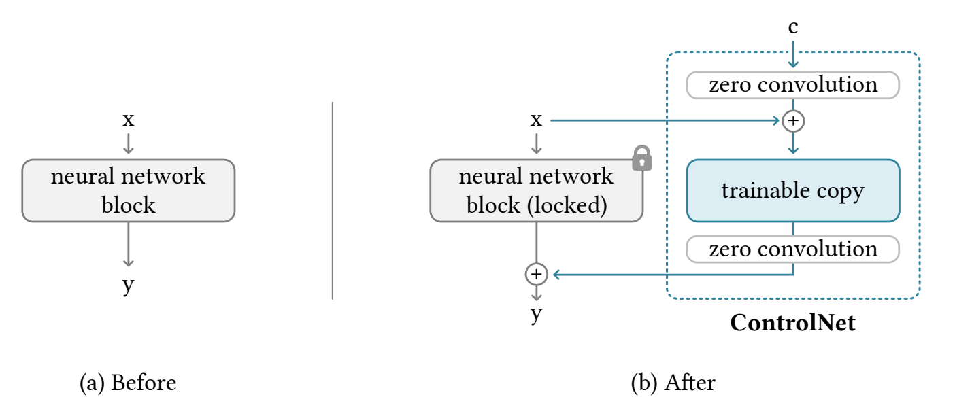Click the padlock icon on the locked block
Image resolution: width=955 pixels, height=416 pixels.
click(641, 158)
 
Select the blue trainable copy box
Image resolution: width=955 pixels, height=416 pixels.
click(793, 190)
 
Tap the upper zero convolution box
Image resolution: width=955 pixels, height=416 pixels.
click(793, 85)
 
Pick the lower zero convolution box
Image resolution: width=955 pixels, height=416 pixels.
click(793, 249)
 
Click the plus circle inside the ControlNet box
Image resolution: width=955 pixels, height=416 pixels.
click(793, 120)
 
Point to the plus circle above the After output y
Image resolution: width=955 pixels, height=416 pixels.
click(536, 274)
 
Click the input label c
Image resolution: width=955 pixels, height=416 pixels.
click(793, 27)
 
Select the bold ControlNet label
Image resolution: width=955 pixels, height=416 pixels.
click(792, 323)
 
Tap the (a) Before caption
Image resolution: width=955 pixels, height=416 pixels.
click(128, 382)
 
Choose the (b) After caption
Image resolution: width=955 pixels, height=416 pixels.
click(673, 382)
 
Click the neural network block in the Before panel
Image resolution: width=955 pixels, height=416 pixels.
click(129, 190)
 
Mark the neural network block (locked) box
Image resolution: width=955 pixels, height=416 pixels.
click(536, 190)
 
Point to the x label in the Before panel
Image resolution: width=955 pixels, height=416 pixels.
click(129, 120)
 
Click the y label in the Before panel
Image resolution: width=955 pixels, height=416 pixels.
click(129, 285)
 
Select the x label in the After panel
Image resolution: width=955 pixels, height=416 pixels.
click(536, 120)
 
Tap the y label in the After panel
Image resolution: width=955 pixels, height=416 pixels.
click(536, 315)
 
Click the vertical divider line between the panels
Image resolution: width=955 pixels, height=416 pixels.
click(333, 201)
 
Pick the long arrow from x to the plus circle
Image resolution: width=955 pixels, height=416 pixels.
click(665, 120)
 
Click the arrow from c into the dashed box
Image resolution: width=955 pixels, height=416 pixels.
click(793, 54)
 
